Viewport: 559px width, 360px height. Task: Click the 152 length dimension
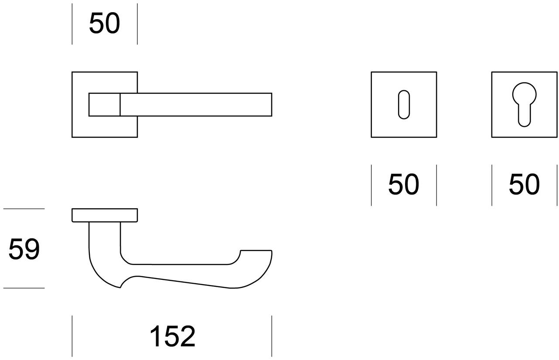point(172,336)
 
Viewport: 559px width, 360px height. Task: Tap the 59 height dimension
point(24,249)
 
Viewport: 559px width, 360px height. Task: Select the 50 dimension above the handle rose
point(104,23)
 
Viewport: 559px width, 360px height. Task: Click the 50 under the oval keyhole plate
point(403,184)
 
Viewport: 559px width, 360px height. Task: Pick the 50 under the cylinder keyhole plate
point(524,184)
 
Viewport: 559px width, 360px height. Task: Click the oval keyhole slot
point(404,105)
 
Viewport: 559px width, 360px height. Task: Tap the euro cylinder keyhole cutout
point(524,105)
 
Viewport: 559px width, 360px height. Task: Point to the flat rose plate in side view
point(105,215)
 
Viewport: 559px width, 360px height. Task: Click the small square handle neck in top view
point(104,105)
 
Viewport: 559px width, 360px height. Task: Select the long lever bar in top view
point(196,105)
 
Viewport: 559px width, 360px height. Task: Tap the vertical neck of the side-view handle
point(105,240)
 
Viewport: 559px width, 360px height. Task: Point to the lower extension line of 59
point(24,288)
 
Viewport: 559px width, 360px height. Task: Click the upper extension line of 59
point(24,209)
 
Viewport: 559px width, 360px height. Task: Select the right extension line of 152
point(272,336)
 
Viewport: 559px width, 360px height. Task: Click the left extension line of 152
point(72,336)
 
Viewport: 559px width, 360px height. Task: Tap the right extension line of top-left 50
point(137,24)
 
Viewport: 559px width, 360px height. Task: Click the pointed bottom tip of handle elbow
point(120,288)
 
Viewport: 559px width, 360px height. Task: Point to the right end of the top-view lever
point(272,105)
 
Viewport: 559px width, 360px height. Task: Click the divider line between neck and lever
point(120,105)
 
